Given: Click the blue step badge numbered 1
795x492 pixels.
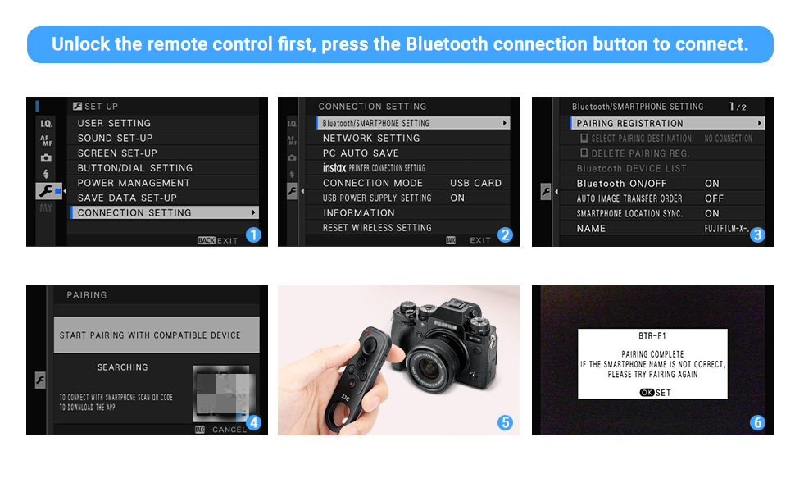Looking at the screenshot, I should tap(253, 235).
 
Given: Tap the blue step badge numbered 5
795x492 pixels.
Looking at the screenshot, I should tap(505, 423).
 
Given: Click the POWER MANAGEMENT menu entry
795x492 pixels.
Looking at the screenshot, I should tap(134, 183).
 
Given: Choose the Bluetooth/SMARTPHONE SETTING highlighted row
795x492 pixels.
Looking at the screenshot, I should tap(412, 123).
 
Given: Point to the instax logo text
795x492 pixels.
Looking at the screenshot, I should tap(334, 168).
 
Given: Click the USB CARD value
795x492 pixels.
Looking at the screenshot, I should tap(475, 183).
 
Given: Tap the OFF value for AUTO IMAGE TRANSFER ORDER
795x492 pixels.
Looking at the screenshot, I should tap(714, 198).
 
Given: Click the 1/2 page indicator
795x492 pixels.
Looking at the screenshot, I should tap(738, 107).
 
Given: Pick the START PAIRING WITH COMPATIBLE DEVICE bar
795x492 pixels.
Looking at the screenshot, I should tap(156, 335).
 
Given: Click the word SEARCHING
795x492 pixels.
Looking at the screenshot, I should tap(123, 367).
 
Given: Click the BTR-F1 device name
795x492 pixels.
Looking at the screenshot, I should tap(652, 336).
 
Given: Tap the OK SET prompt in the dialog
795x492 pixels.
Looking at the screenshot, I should tap(655, 393).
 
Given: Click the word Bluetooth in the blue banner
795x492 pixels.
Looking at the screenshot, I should tap(447, 44).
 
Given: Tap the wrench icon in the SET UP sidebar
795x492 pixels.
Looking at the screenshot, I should tap(47, 191).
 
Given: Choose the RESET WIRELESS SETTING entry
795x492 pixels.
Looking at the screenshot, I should tap(377, 228).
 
